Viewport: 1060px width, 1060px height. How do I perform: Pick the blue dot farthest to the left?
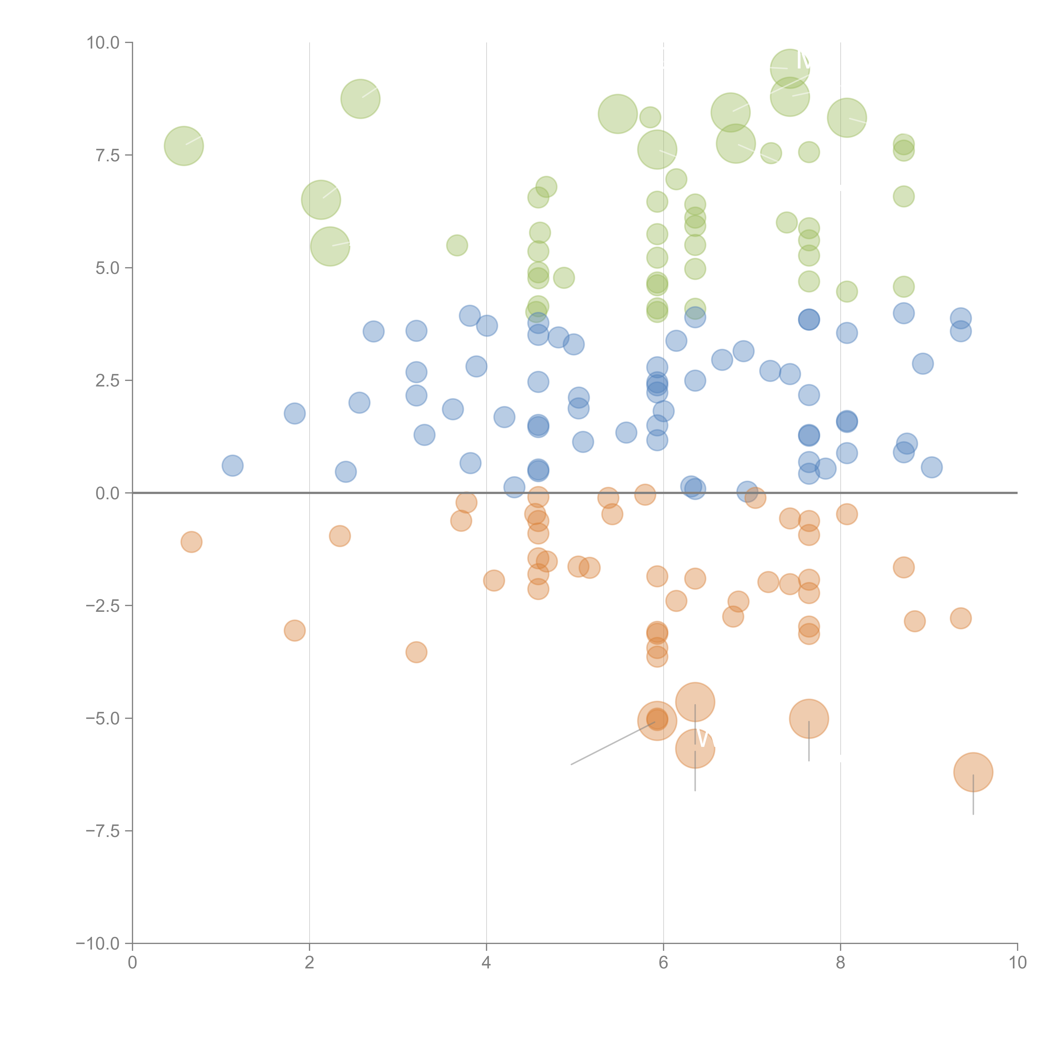233,466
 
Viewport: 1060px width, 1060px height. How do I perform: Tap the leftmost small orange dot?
191,542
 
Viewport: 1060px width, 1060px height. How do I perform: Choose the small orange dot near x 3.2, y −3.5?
416,652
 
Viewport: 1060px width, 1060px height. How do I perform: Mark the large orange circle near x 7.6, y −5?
809,719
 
